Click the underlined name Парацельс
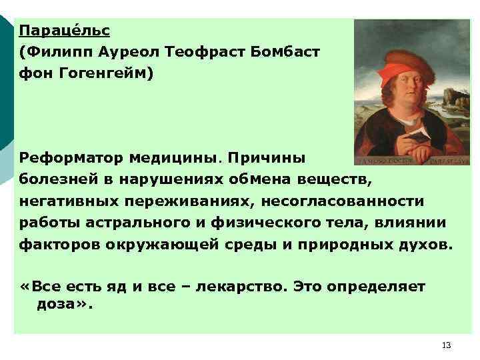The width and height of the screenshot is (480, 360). (x=64, y=31)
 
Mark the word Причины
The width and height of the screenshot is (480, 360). (x=266, y=159)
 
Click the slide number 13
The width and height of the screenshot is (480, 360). (x=446, y=345)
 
